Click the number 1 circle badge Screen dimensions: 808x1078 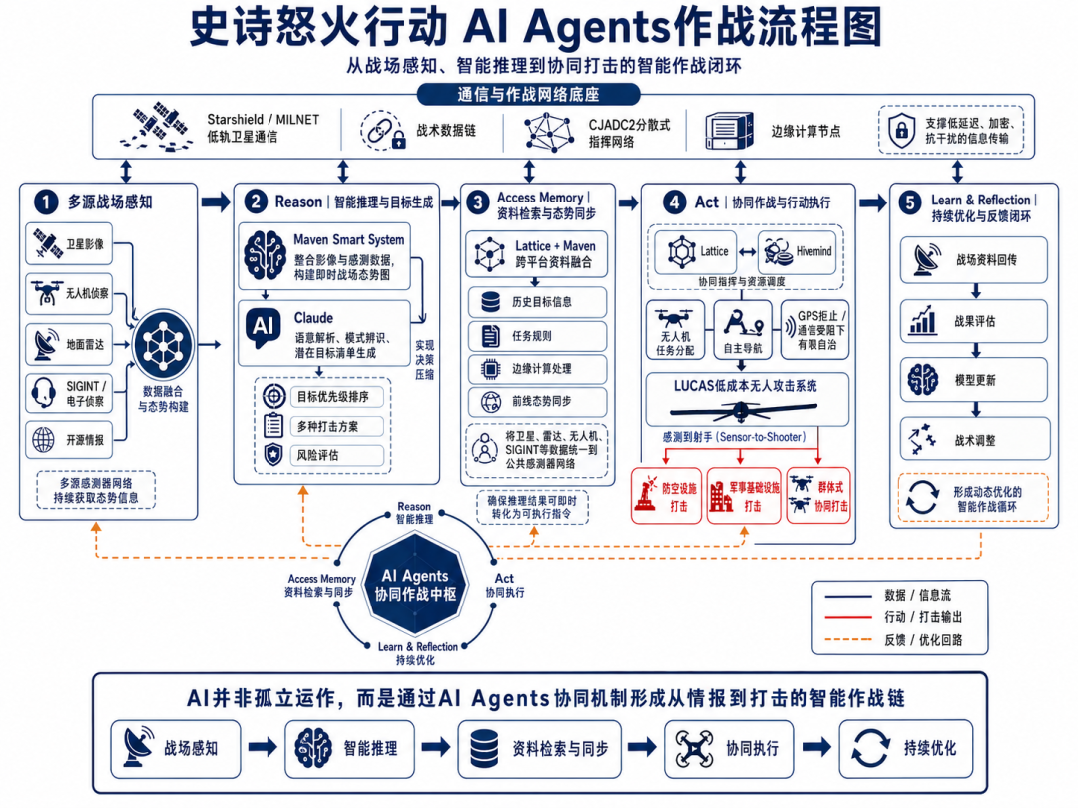(45, 202)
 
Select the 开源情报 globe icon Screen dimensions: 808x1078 (44, 438)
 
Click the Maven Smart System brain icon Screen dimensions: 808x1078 (265, 255)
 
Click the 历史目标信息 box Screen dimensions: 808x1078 (537, 301)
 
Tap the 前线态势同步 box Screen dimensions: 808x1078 (537, 403)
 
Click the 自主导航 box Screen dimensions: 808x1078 (741, 331)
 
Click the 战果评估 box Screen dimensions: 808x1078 (973, 322)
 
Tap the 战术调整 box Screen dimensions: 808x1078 (973, 438)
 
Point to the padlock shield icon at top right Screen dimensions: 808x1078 (900, 130)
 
